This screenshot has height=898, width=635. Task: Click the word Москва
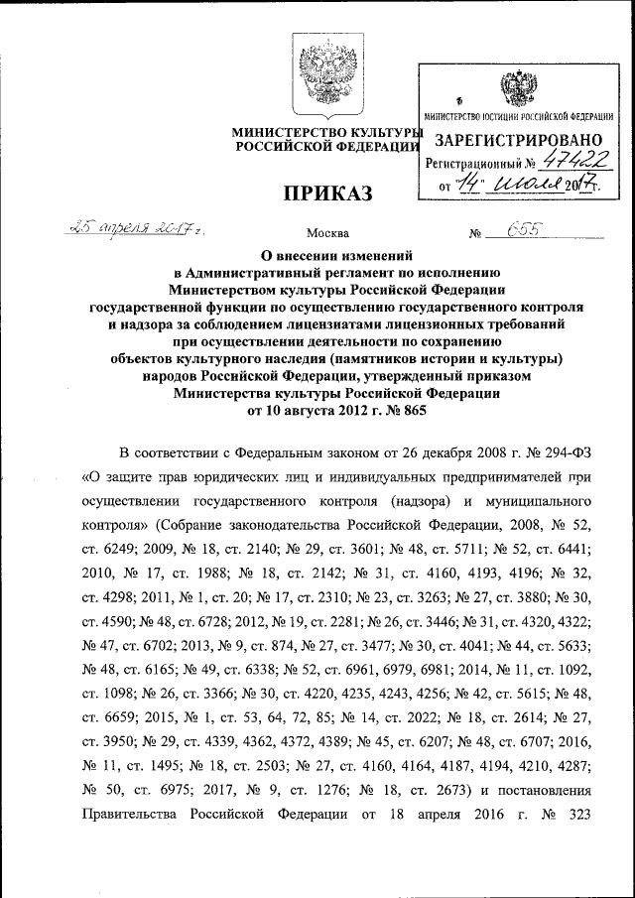(x=327, y=234)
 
